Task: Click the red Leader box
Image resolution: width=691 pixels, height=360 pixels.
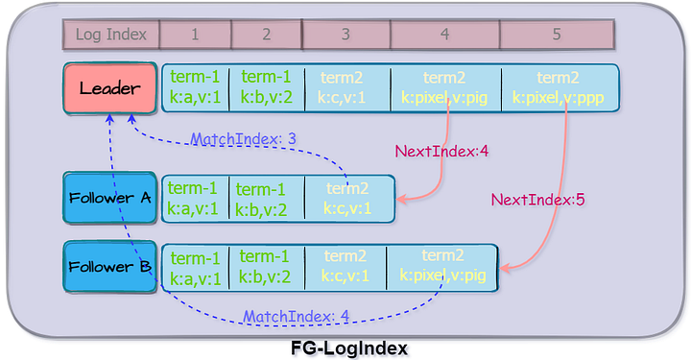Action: click(x=108, y=88)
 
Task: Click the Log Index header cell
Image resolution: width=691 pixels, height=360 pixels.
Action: click(x=110, y=35)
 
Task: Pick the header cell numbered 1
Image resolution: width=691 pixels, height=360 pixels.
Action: click(x=195, y=35)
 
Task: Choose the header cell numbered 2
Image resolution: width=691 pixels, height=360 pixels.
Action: click(x=266, y=35)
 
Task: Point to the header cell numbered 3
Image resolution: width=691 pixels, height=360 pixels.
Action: click(x=345, y=35)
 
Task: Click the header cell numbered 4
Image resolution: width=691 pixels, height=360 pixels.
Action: click(x=444, y=35)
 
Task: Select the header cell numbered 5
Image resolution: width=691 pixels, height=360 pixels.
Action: click(x=557, y=35)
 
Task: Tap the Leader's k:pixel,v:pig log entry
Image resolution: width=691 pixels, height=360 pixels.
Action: click(x=445, y=88)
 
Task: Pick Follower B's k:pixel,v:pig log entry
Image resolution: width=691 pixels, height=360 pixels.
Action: click(x=441, y=268)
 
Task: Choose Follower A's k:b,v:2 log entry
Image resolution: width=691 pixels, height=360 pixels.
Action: click(x=266, y=199)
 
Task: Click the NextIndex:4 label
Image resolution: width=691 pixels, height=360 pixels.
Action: click(x=429, y=151)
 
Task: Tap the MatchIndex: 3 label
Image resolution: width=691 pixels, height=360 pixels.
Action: click(x=243, y=139)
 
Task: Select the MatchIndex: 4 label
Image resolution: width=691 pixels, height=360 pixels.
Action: click(x=296, y=316)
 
